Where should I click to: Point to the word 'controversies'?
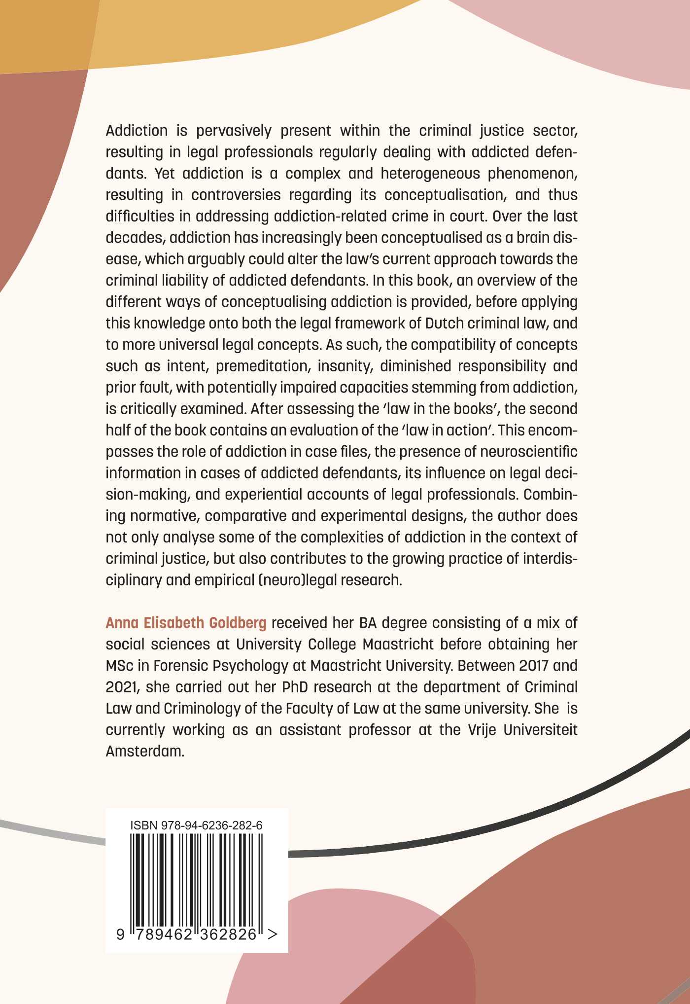tap(236, 195)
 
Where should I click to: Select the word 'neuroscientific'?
tap(529, 451)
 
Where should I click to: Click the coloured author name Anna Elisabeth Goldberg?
tap(186, 623)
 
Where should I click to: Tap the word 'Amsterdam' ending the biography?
tap(144, 751)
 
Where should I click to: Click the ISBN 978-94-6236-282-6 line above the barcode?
tap(196, 825)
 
